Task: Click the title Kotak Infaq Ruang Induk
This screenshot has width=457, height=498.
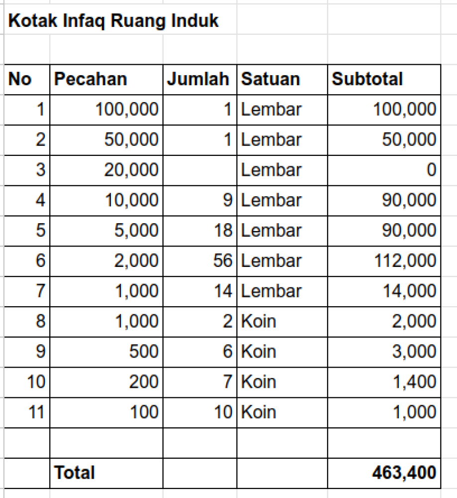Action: pyautogui.click(x=113, y=21)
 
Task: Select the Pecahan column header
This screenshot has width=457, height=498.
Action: pyautogui.click(x=90, y=79)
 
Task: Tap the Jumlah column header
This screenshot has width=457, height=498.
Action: pyautogui.click(x=198, y=79)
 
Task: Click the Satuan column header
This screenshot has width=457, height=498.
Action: pyautogui.click(x=271, y=79)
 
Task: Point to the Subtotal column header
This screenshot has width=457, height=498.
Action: pyautogui.click(x=367, y=79)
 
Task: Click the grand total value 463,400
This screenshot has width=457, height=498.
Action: pyautogui.click(x=404, y=472)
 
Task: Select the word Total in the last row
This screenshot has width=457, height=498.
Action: pyautogui.click(x=74, y=472)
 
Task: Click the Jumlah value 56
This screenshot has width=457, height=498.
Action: pyautogui.click(x=222, y=260)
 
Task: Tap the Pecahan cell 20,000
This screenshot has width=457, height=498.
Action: pyautogui.click(x=131, y=170)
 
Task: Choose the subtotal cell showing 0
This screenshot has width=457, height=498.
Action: pyautogui.click(x=431, y=170)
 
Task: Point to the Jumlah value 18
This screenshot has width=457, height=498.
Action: pyautogui.click(x=222, y=230)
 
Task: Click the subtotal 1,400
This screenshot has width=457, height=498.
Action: pyautogui.click(x=414, y=381)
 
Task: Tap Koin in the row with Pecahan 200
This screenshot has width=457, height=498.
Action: pyautogui.click(x=259, y=381)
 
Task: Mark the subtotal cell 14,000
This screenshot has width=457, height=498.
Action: pyautogui.click(x=409, y=291)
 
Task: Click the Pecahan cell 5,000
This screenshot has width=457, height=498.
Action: pyautogui.click(x=136, y=230)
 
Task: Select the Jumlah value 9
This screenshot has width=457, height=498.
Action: pyautogui.click(x=227, y=200)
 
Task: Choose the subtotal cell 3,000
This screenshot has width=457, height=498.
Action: pyautogui.click(x=414, y=351)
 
